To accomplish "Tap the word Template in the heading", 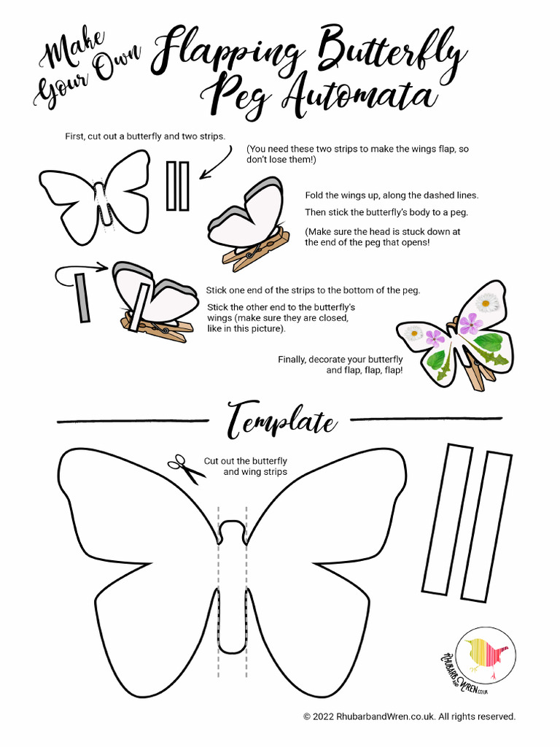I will (x=281, y=422).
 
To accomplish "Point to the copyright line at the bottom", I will (x=409, y=716).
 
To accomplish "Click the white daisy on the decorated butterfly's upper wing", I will (x=486, y=302).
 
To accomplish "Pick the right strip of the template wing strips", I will (x=486, y=527).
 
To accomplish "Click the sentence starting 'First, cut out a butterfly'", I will (x=145, y=136).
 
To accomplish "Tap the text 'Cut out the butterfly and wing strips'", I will (x=246, y=466).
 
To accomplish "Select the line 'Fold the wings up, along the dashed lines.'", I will (x=392, y=196).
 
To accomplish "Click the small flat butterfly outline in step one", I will (x=95, y=195).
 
